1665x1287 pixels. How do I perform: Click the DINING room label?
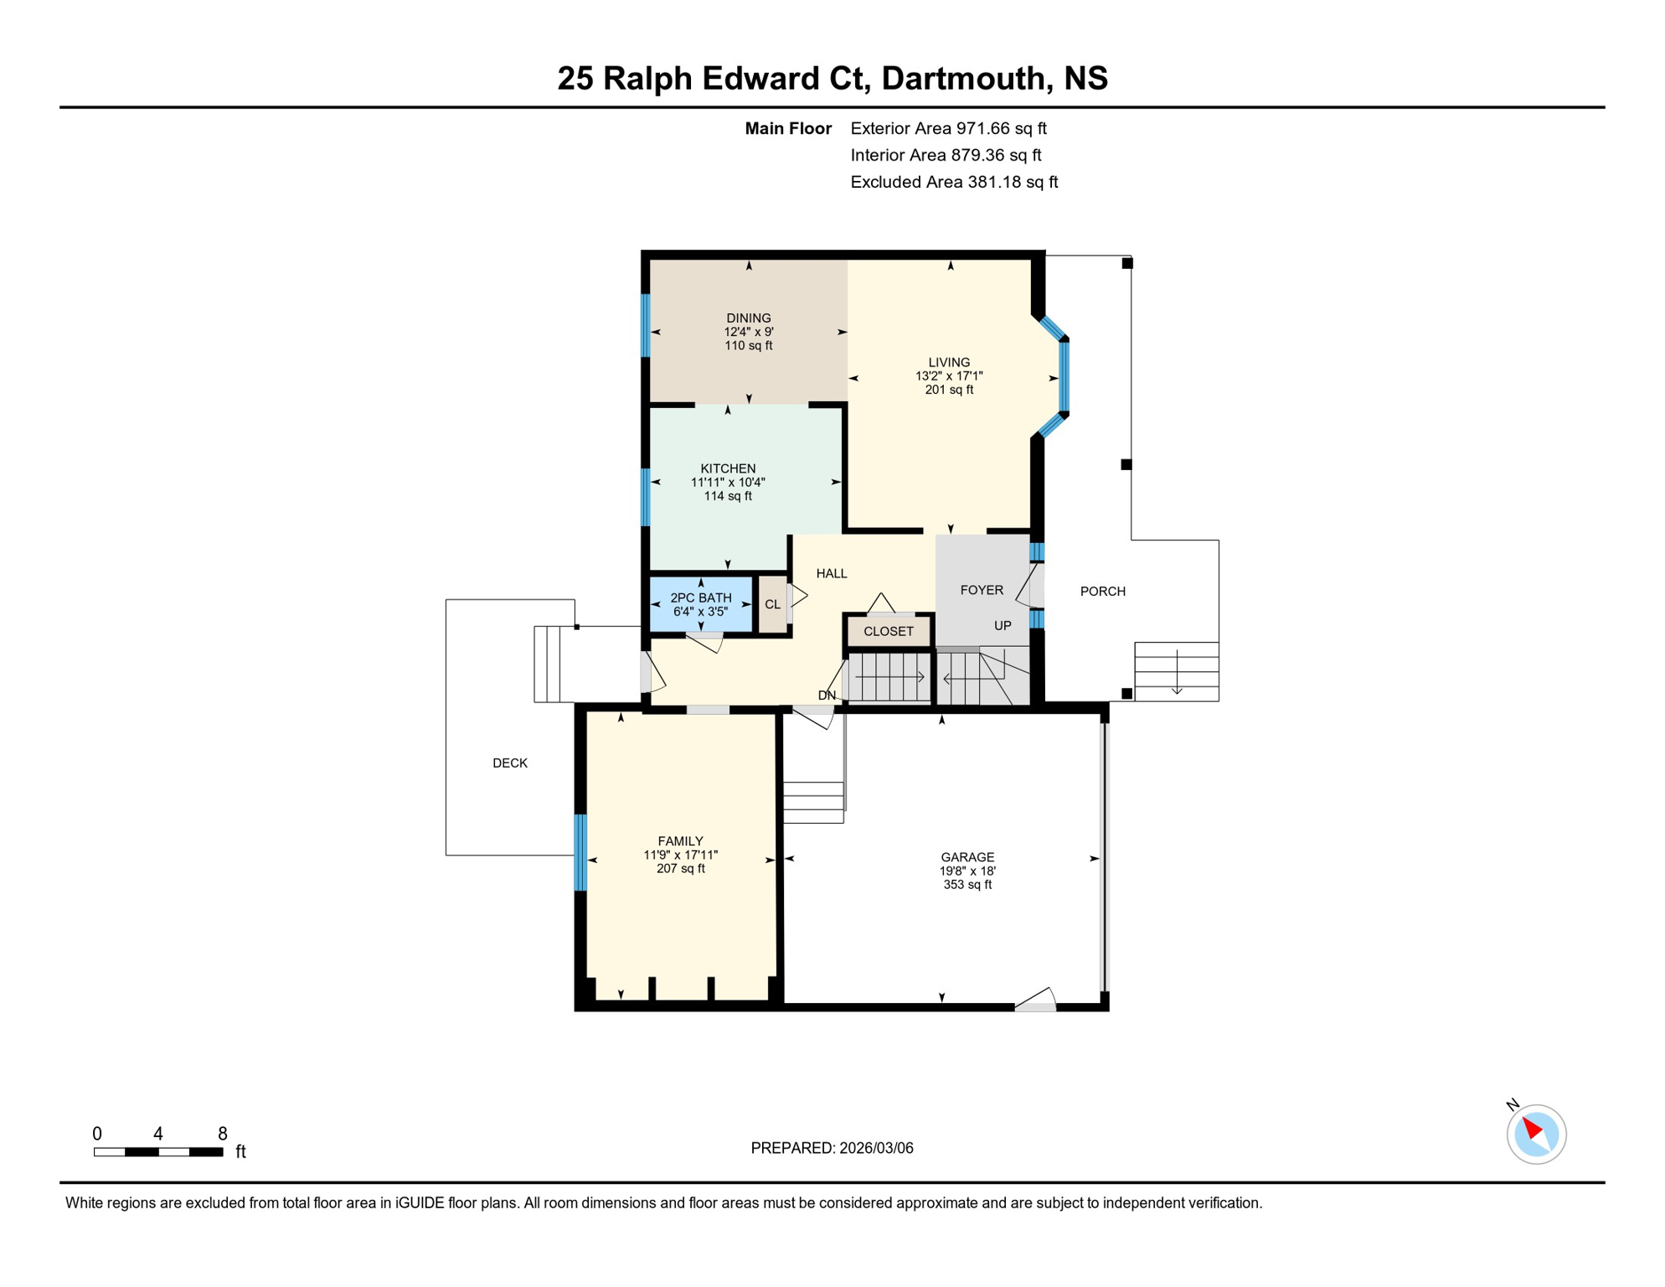(748, 318)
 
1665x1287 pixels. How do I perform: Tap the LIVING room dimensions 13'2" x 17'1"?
(949, 376)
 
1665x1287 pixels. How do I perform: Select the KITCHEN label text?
(728, 468)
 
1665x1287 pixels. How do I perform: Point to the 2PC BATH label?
(700, 598)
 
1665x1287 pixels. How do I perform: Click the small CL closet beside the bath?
(772, 604)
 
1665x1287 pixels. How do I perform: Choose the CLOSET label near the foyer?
(888, 632)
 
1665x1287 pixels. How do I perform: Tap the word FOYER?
(982, 590)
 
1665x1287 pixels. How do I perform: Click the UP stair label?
(1003, 626)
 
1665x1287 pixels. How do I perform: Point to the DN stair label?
(827, 695)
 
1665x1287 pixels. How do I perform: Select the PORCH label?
(1102, 592)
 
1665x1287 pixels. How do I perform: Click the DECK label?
(510, 763)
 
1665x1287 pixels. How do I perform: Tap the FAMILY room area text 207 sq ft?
(680, 869)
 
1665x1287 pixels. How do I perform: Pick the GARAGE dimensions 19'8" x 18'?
(967, 871)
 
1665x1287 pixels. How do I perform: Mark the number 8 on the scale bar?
(223, 1134)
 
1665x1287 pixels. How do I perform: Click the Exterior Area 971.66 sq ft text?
(948, 128)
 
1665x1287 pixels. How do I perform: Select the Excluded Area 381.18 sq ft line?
(954, 182)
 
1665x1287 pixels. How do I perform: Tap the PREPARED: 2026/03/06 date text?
(832, 1148)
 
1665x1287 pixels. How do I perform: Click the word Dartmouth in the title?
(963, 78)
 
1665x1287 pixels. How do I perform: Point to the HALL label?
(832, 574)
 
